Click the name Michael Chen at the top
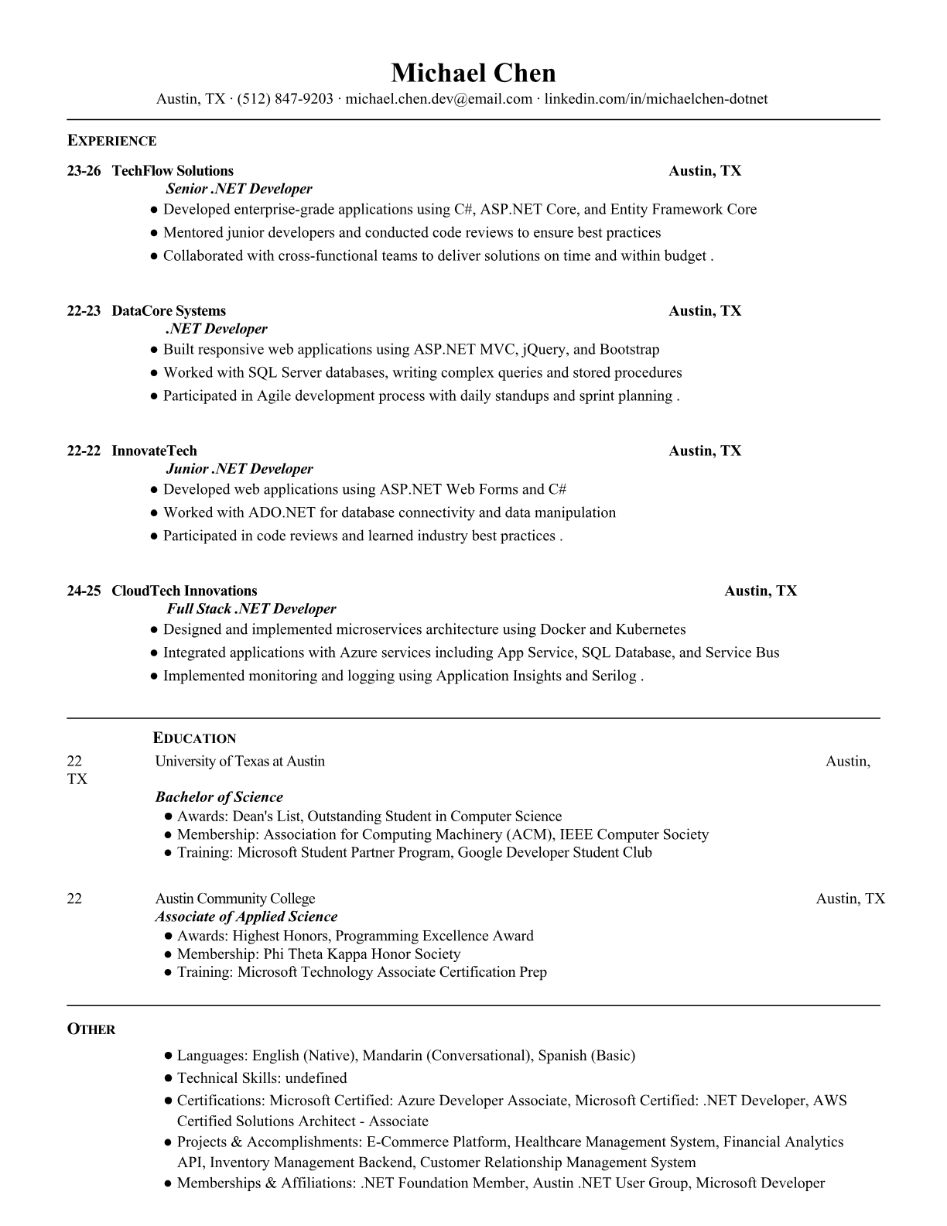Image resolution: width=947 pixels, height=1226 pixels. point(473,73)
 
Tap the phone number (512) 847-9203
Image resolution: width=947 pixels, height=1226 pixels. point(285,98)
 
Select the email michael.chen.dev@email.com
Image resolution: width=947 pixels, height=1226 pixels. point(439,98)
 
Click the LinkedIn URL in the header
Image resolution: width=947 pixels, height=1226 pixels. point(656,98)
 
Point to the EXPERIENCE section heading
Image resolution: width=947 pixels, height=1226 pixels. point(111,141)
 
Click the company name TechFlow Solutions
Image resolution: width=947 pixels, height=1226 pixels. point(173,171)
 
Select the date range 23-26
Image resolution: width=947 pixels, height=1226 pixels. point(84,171)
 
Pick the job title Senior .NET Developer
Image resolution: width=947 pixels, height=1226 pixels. point(239,189)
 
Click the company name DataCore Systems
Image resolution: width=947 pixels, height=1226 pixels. point(169,311)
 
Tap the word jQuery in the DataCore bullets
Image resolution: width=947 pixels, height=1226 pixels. point(544,349)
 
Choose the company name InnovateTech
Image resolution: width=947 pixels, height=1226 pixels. point(154,451)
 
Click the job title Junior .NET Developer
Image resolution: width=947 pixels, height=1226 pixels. point(239,469)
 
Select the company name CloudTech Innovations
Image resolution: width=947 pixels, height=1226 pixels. point(184,591)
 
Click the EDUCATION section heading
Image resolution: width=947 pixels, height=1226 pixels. point(194,738)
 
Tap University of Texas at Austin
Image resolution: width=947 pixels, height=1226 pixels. point(240,761)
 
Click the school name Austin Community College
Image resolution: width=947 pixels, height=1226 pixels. point(235,899)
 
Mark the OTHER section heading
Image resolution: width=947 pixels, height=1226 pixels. point(91,1029)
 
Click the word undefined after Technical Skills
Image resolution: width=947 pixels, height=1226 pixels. point(316,1077)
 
